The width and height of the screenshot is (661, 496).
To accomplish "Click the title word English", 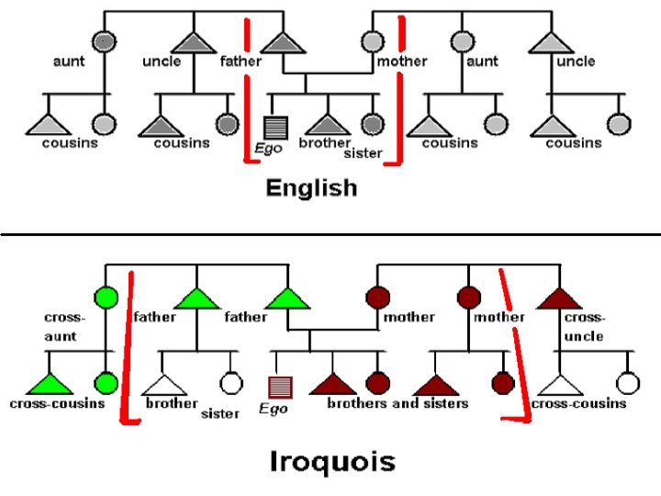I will [x=310, y=188].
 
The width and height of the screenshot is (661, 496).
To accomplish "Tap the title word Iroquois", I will [x=333, y=459].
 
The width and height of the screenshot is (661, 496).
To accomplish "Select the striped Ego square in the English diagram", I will [x=273, y=126].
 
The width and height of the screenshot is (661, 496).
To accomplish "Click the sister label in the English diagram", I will [x=363, y=153].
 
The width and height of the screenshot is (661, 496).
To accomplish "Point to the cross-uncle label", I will [x=584, y=326].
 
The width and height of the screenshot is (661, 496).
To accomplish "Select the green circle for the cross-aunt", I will [x=106, y=298].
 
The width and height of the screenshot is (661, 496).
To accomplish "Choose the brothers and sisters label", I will [x=398, y=403].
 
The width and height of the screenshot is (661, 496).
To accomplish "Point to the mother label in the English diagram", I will [x=402, y=62].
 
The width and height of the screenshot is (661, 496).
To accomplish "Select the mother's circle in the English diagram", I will [x=371, y=41].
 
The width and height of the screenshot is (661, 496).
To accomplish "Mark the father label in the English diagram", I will [x=241, y=62].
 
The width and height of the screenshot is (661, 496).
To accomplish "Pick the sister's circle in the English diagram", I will [x=371, y=123].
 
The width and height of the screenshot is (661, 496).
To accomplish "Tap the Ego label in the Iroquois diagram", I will [x=273, y=410].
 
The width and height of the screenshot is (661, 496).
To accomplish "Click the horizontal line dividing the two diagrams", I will [x=330, y=234].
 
